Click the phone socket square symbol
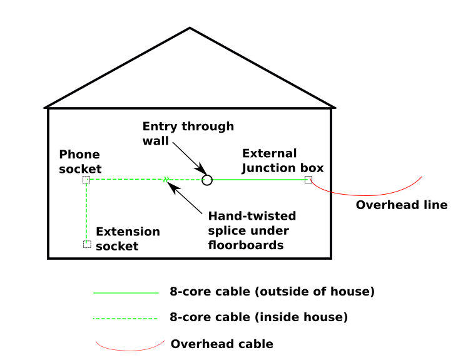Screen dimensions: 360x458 (x=86, y=180)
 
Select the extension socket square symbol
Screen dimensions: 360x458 (x=87, y=244)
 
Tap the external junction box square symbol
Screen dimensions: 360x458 (x=308, y=180)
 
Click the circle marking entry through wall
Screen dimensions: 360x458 (x=207, y=180)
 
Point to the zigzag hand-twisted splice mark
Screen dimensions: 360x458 (x=166, y=180)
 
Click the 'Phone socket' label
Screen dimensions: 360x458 (x=80, y=162)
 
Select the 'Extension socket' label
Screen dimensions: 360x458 (x=128, y=239)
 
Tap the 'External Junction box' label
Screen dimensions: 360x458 (x=283, y=160)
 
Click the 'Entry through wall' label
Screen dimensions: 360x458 (x=188, y=133)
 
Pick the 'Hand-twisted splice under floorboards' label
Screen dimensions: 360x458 (x=252, y=230)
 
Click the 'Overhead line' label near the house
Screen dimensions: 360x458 (x=401, y=205)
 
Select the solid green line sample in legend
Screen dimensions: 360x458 (x=126, y=292)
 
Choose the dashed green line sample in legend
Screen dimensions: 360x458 (x=126, y=318)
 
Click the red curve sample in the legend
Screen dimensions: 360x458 (x=130, y=345)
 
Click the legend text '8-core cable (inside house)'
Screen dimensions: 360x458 (x=258, y=317)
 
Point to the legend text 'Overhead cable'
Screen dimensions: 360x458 (x=221, y=344)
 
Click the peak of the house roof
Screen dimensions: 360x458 (x=190, y=29)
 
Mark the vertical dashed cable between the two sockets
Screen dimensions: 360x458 (x=86, y=212)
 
